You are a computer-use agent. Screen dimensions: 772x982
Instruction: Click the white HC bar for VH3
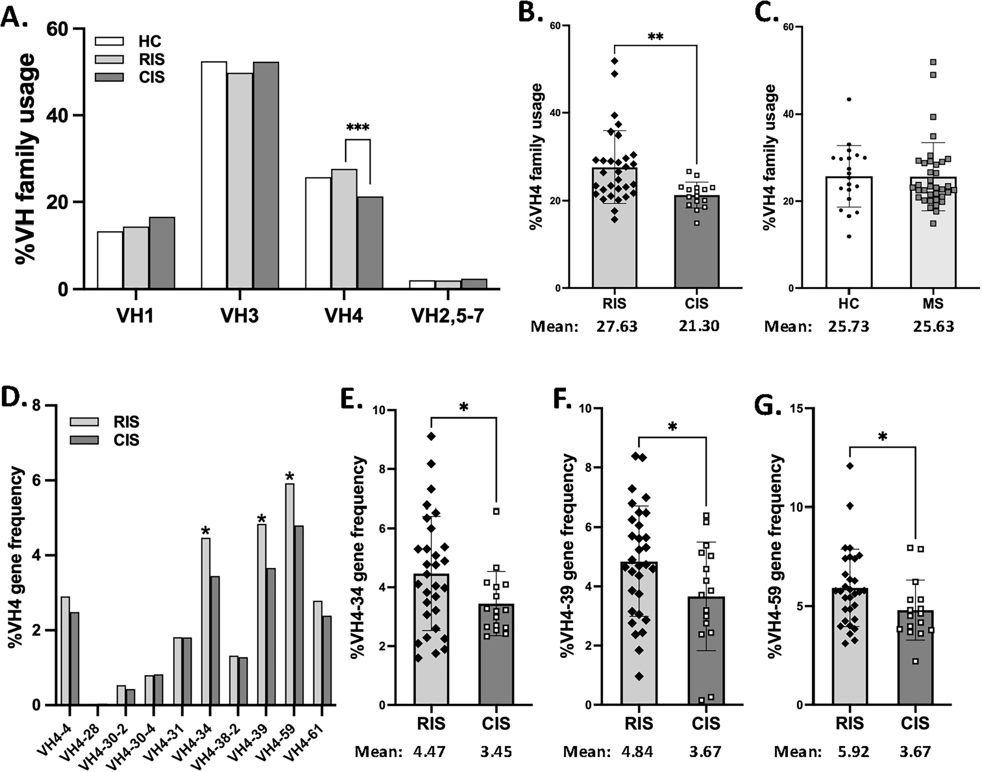pos(214,175)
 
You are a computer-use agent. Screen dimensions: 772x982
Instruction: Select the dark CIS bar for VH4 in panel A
pos(370,242)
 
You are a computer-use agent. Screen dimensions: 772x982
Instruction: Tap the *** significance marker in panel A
pos(358,128)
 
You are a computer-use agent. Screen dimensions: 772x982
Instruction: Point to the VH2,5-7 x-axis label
pos(447,316)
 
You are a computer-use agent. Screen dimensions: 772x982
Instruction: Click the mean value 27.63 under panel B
pos(617,327)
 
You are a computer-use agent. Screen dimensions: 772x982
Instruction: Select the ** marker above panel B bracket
pos(655,37)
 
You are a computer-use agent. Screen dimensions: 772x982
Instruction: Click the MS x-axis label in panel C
pos(932,303)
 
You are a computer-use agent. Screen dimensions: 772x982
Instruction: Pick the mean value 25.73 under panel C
pos(849,327)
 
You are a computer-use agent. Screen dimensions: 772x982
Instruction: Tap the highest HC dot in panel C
pos(849,100)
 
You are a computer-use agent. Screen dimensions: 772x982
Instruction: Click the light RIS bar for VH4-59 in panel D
pos(289,594)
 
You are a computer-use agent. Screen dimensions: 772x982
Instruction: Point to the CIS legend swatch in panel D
pos(84,440)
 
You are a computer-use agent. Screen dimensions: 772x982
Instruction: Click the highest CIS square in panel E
pos(496,511)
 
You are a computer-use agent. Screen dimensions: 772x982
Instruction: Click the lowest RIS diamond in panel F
pos(639,677)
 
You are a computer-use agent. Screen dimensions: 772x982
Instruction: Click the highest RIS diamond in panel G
pos(850,466)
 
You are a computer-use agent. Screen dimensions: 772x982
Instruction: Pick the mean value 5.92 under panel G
pos(854,752)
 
